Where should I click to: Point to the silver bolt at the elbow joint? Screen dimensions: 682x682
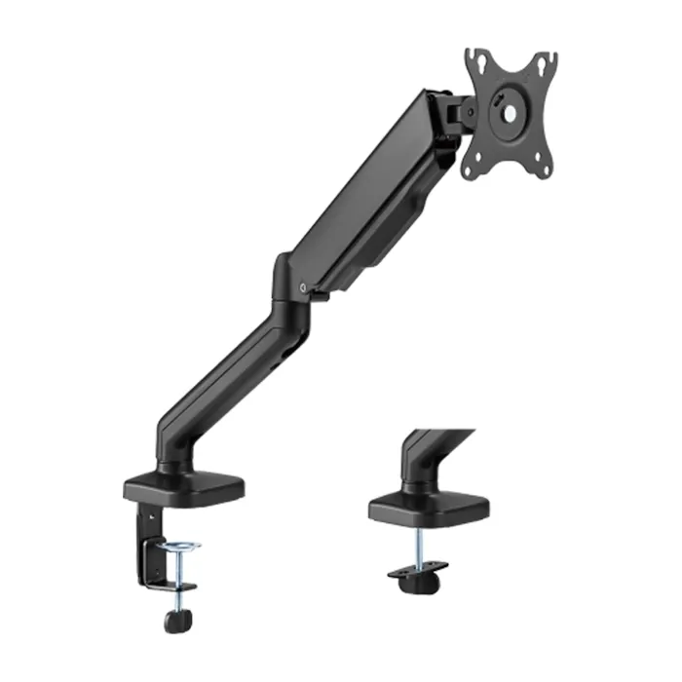tap(307, 287)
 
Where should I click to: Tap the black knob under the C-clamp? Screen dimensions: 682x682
tap(177, 620)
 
